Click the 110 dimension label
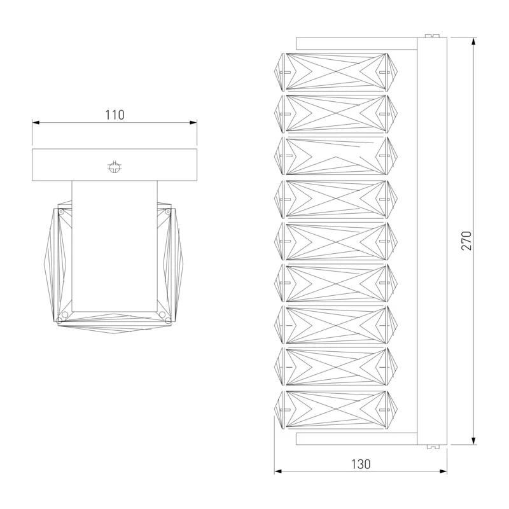coord(115,115)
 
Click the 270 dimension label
coord(466,241)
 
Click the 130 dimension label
coord(361,464)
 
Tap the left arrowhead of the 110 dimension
coord(36,123)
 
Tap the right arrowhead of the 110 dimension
coord(193,123)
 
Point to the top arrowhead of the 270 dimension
coord(474,41)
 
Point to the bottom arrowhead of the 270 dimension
coord(474,441)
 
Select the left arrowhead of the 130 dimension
coord(278,471)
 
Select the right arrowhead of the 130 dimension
coord(443,471)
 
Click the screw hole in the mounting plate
coord(115,167)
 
